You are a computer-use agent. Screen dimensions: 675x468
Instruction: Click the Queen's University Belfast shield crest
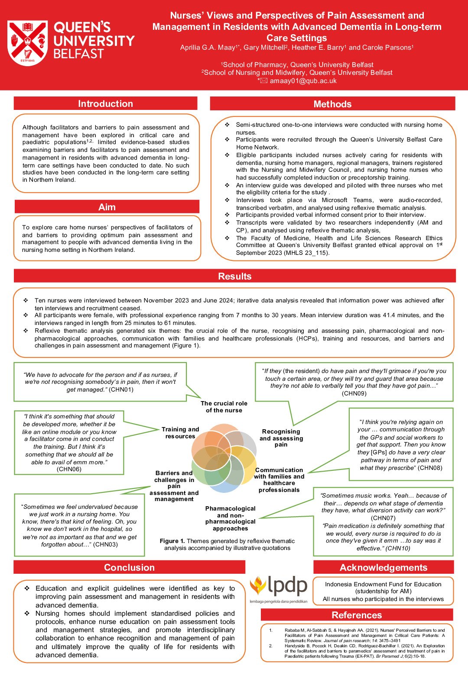coord(28,43)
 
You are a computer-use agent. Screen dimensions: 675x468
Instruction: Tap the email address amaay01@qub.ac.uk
coord(303,81)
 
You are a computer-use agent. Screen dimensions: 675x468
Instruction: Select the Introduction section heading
coord(105,104)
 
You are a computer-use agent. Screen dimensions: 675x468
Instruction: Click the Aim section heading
coord(107,207)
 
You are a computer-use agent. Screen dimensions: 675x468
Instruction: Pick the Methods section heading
coord(332,104)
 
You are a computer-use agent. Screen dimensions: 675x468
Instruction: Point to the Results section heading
coord(234,276)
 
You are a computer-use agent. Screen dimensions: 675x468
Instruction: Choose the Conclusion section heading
coord(129,568)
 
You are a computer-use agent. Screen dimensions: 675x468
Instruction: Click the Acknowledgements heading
coord(383,568)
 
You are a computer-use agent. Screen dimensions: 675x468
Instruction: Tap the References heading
coord(357,615)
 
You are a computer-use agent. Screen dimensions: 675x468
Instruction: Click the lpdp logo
coord(279,588)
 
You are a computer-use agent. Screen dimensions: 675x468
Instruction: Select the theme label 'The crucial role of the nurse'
coord(224,407)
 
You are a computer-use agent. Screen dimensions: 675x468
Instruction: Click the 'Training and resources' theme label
coord(180,433)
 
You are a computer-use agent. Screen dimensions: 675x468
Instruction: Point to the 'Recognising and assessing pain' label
coord(281,438)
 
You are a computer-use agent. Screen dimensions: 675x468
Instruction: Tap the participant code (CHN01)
coord(121,389)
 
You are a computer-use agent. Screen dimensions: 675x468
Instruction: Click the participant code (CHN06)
coord(69,469)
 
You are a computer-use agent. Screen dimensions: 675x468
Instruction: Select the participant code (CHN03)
coord(105,544)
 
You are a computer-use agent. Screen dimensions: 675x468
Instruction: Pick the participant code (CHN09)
coord(354,393)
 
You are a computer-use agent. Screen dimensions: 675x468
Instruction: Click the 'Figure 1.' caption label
coord(172,541)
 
